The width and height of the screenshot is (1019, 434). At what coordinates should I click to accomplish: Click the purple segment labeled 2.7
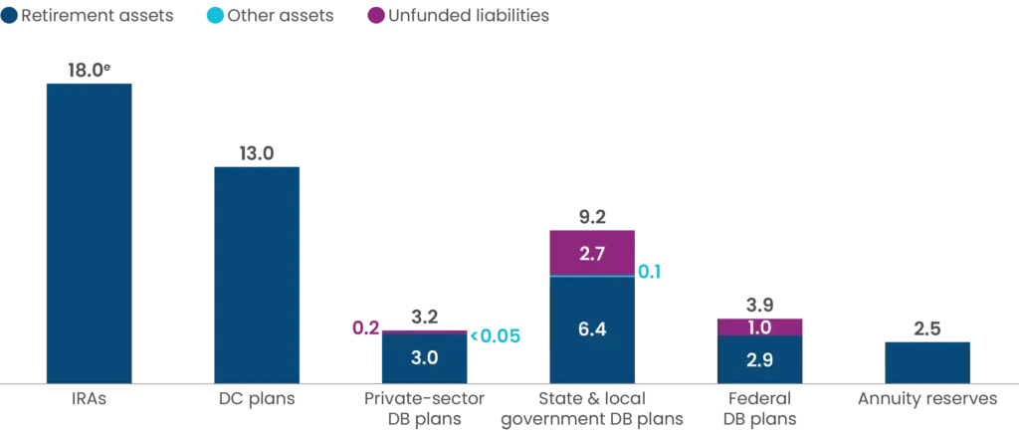pyautogui.click(x=592, y=252)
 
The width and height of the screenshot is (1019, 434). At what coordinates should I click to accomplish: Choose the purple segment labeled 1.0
pyautogui.click(x=759, y=325)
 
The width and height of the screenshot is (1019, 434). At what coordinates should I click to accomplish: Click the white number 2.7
pyautogui.click(x=592, y=253)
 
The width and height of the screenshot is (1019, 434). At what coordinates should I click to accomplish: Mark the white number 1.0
pyautogui.click(x=759, y=326)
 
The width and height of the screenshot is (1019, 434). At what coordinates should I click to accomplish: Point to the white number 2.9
pyautogui.click(x=759, y=360)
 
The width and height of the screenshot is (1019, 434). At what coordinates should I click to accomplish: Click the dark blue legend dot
pyautogui.click(x=10, y=16)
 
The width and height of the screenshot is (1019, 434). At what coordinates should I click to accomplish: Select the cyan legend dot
pyautogui.click(x=215, y=16)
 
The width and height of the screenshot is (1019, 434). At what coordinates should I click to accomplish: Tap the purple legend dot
pyautogui.click(x=376, y=16)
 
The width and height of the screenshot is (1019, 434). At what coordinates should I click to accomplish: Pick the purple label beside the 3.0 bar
pyautogui.click(x=365, y=327)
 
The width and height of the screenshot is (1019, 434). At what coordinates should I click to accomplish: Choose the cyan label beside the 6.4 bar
pyautogui.click(x=649, y=271)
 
